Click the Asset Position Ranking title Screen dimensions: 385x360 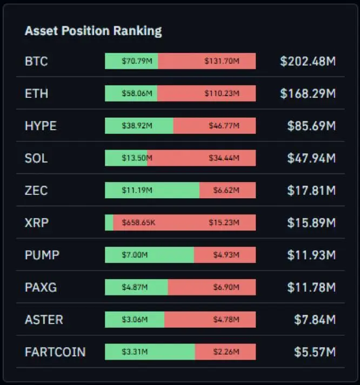tap(93, 31)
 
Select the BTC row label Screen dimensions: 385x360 tap(36, 62)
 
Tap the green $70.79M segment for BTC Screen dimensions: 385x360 tap(131, 62)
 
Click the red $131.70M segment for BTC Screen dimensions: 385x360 tap(207, 62)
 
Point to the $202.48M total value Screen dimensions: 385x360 tap(308, 62)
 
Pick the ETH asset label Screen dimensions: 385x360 tap(36, 94)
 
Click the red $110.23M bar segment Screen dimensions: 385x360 tap(206, 94)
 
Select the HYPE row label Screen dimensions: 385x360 tap(41, 126)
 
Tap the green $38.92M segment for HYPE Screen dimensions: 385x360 tap(139, 126)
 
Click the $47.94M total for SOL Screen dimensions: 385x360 tap(311, 158)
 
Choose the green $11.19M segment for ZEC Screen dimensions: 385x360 tap(152, 191)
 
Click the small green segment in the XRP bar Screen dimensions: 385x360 tap(109, 222)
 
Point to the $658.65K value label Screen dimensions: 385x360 tap(138, 222)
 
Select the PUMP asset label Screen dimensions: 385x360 tap(42, 255)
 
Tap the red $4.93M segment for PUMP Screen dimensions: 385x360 tap(225, 255)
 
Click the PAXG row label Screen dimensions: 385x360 tap(41, 287)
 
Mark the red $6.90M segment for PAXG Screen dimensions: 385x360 tap(212, 287)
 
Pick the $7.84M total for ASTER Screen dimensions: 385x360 tap(315, 320)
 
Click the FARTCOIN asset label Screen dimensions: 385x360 tap(55, 352)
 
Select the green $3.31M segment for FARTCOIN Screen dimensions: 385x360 tap(150, 352)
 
